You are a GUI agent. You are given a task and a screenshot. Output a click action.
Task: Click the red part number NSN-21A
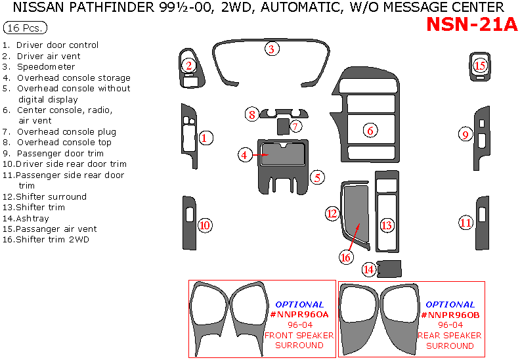coord(471,24)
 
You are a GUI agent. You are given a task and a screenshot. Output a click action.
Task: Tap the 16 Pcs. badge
coord(25,28)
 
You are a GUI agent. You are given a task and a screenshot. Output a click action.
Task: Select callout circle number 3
coord(271,49)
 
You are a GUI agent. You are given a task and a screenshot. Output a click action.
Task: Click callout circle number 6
coord(370,131)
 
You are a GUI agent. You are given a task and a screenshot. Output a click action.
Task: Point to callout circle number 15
coord(480,66)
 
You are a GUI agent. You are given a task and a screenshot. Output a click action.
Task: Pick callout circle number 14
coord(370,269)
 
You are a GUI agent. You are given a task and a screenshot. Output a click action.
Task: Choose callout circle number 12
coord(332,213)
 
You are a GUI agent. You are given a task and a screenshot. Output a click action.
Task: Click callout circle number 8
coord(251,115)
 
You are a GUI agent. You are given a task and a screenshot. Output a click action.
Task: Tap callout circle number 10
coord(205,225)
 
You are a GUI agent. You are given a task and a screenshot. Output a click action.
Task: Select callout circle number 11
coord(466,223)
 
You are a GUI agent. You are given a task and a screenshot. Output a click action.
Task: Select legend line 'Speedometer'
coord(45,67)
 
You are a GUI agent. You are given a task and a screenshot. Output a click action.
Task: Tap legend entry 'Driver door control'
coord(57,45)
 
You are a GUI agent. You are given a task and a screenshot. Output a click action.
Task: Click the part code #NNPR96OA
coord(299,315)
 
